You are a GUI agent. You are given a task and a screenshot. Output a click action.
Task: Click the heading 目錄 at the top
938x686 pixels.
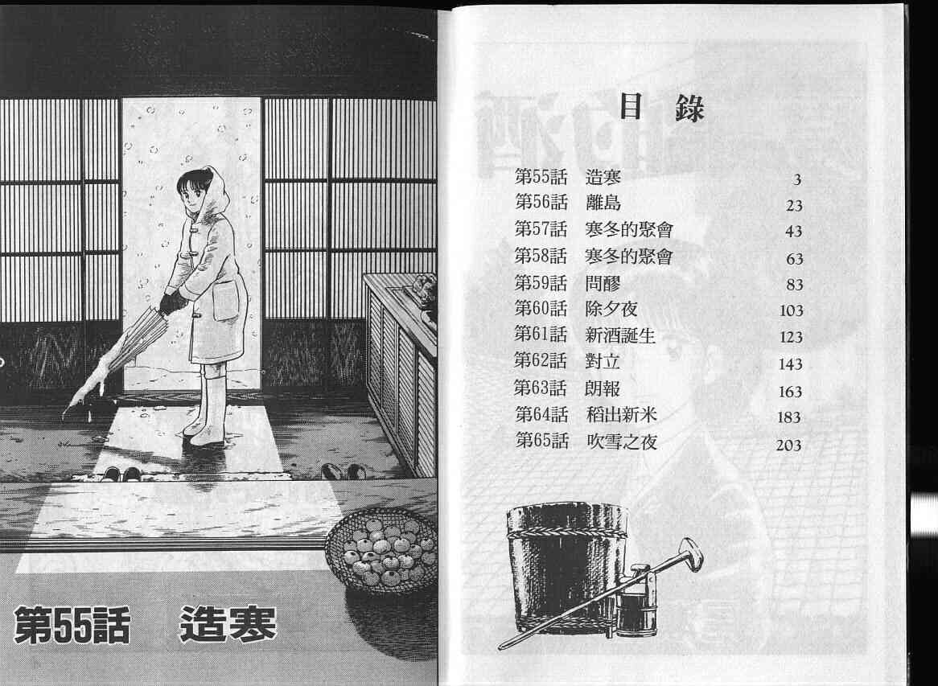click(x=661, y=108)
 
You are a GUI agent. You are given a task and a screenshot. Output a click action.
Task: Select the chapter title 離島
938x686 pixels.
click(x=603, y=203)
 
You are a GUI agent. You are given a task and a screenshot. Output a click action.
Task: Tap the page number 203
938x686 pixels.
click(x=788, y=445)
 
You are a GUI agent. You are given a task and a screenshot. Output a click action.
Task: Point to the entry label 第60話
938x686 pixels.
click(x=541, y=309)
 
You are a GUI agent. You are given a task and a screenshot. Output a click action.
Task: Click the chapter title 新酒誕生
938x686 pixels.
click(x=620, y=335)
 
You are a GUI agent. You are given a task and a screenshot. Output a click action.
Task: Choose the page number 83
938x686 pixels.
click(x=795, y=285)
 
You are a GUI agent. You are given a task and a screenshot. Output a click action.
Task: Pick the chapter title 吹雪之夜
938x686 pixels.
click(x=622, y=442)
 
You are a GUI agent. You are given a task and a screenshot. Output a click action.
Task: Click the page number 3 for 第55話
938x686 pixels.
click(x=797, y=179)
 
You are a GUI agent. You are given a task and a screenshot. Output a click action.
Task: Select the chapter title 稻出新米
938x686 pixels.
click(x=622, y=414)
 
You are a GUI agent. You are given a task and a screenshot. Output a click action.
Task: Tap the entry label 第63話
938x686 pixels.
click(x=540, y=388)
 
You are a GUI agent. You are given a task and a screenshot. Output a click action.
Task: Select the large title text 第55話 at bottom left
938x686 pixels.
click(x=72, y=625)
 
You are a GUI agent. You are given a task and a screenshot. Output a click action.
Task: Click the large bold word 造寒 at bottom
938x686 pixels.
click(x=228, y=624)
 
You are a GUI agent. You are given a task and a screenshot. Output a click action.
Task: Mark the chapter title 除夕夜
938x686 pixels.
click(x=611, y=309)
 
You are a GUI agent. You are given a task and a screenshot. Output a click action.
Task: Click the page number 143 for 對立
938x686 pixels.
click(x=790, y=364)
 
